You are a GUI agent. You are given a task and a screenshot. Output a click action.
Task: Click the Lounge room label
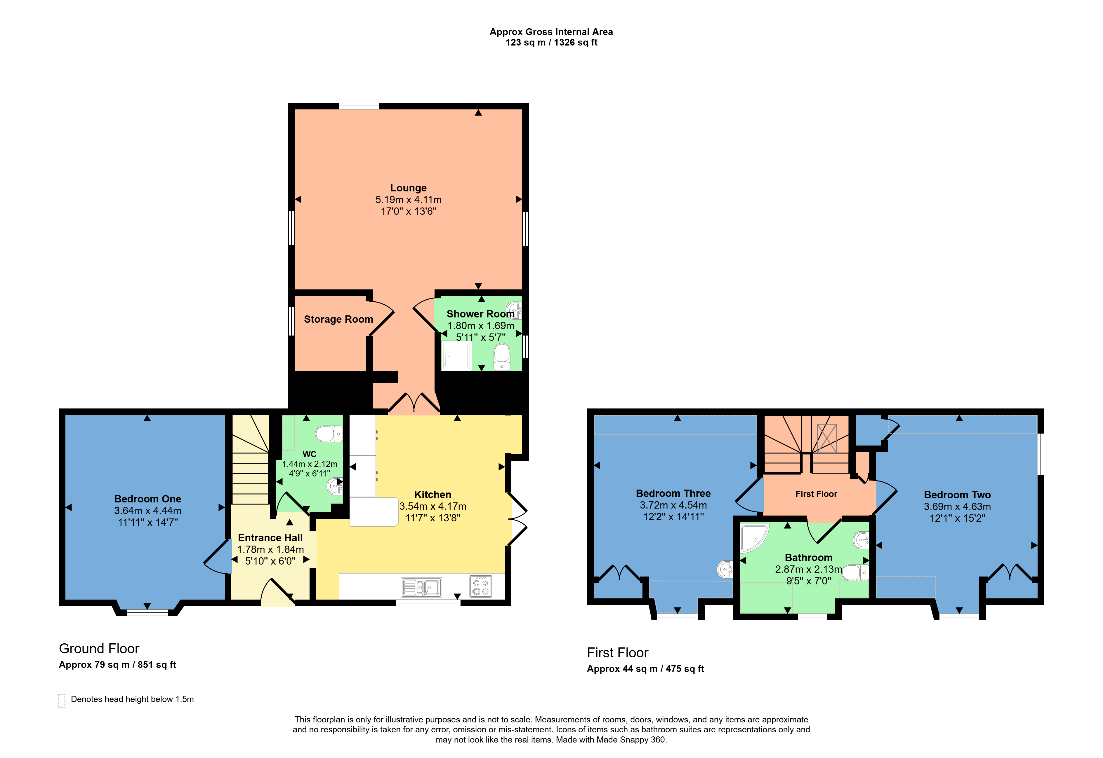pyautogui.click(x=408, y=188)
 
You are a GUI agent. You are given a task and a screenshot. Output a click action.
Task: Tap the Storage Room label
pyautogui.click(x=338, y=319)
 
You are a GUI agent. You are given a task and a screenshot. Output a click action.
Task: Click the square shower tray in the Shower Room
pyautogui.click(x=457, y=356)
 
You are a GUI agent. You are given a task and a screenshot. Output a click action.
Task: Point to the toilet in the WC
pyautogui.click(x=329, y=434)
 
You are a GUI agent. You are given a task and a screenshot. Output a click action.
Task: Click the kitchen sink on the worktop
pyautogui.click(x=421, y=587)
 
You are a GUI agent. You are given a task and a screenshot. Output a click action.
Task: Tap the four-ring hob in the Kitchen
pyautogui.click(x=480, y=586)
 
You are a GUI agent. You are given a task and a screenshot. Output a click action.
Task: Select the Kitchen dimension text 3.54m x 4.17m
pyautogui.click(x=432, y=506)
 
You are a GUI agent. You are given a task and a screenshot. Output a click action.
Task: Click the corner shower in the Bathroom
pyautogui.click(x=754, y=538)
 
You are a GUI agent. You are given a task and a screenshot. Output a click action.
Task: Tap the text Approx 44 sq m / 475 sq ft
pyautogui.click(x=645, y=669)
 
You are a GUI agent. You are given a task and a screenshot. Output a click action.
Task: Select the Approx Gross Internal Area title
pyautogui.click(x=551, y=32)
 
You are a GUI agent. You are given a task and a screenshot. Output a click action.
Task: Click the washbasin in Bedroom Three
pyautogui.click(x=725, y=569)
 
